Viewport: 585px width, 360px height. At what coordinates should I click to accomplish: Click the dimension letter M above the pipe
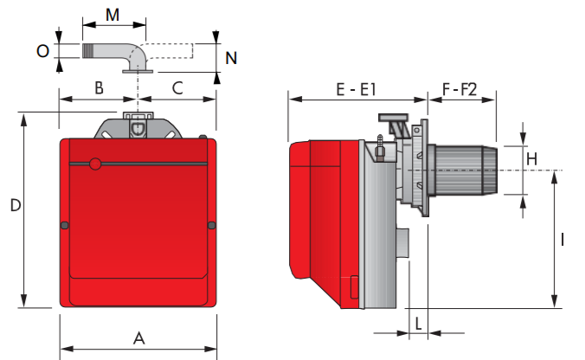(x=112, y=15)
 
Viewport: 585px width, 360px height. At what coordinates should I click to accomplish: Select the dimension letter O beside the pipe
(x=42, y=51)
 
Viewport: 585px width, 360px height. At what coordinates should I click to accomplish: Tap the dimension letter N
(x=231, y=58)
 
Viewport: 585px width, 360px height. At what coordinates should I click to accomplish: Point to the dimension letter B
(x=99, y=88)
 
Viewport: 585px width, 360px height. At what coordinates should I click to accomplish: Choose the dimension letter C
(x=177, y=88)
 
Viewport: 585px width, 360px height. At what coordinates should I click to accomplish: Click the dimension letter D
(x=16, y=206)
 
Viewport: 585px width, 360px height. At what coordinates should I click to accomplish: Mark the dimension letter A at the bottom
(x=138, y=338)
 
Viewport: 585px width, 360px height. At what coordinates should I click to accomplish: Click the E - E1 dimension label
(x=356, y=89)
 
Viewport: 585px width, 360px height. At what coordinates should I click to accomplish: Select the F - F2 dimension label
(x=460, y=89)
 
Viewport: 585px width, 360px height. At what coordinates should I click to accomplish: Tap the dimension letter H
(x=531, y=159)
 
